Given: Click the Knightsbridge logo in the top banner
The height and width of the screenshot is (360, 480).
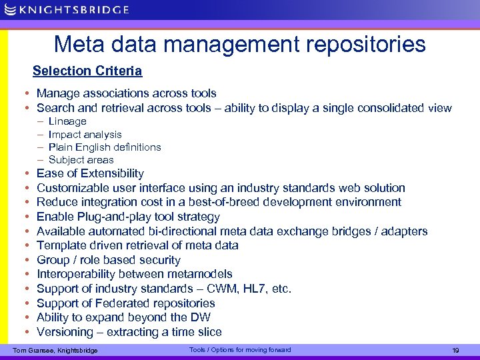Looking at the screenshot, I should click(x=65, y=9).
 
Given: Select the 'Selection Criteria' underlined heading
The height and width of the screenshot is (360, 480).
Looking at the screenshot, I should click(x=87, y=71).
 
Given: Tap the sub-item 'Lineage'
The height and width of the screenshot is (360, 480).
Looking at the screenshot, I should click(x=67, y=121).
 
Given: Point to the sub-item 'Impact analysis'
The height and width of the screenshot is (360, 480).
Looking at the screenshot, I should click(x=85, y=134).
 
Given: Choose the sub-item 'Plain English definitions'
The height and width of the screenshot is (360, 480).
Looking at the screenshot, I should click(x=105, y=147).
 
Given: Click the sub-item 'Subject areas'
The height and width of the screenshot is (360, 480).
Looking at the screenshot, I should click(x=81, y=159).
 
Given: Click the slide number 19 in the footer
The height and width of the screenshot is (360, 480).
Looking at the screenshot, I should click(x=456, y=351).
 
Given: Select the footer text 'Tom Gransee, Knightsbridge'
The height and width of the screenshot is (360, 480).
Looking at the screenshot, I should click(x=55, y=351).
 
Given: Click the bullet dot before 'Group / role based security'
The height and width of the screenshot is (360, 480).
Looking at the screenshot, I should click(x=25, y=260).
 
